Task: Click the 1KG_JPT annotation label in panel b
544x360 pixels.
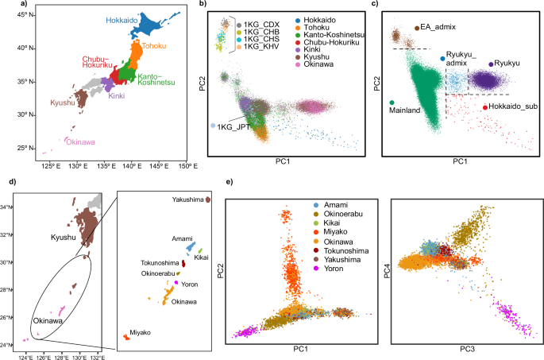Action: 236,126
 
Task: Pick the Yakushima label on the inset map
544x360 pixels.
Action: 185,199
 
